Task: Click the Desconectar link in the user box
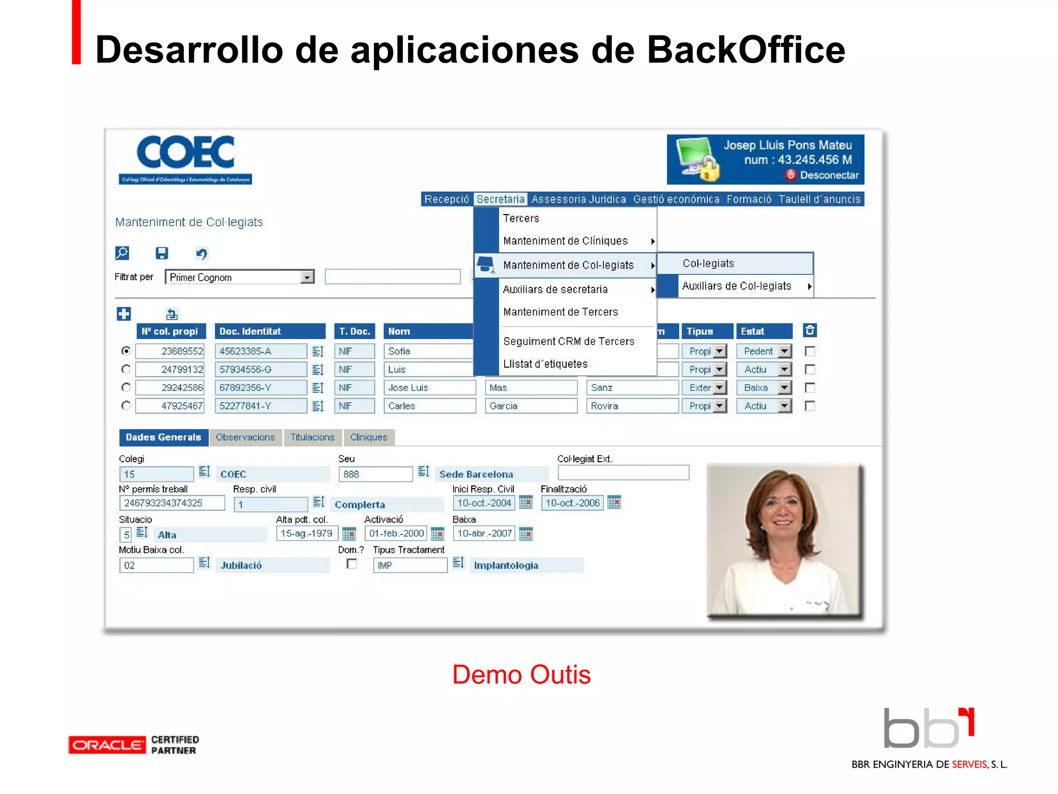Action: (x=828, y=175)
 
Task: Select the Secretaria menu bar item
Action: (x=500, y=199)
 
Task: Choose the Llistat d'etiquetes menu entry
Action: (x=545, y=364)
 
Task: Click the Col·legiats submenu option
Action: (x=708, y=264)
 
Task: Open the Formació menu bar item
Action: (x=749, y=199)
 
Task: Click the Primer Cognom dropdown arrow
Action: (x=307, y=277)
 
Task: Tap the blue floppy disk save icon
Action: (x=162, y=253)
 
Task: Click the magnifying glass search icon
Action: (x=122, y=253)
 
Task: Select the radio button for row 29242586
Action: (x=126, y=388)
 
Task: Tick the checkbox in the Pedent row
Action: (x=810, y=352)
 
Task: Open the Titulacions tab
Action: (x=312, y=437)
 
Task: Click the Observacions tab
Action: (x=245, y=437)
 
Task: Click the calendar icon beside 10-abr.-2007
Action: (x=525, y=533)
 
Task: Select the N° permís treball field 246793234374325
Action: (x=172, y=503)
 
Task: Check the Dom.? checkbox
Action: (x=352, y=564)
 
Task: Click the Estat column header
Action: (x=764, y=331)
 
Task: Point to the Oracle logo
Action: (x=107, y=745)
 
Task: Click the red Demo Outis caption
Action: (x=521, y=675)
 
